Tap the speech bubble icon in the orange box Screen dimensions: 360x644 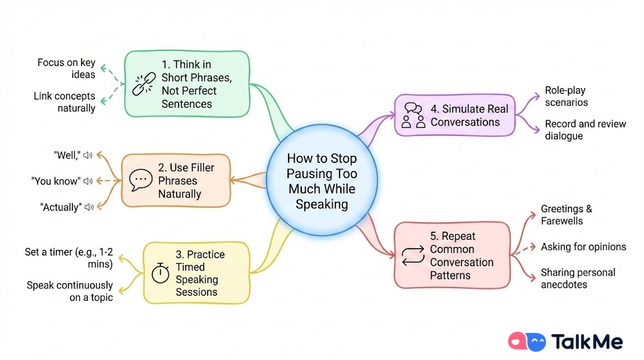(140, 181)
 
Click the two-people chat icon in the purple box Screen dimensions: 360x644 (413, 115)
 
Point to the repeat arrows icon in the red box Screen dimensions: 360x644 (413, 255)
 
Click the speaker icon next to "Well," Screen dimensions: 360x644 (87, 155)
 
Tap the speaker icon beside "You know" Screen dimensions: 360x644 (88, 181)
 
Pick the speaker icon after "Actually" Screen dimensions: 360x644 (89, 207)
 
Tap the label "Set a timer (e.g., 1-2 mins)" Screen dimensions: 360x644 (69, 258)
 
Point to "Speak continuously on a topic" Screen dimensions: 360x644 (69, 291)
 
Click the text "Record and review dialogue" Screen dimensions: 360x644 (585, 130)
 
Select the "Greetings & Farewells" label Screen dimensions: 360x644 (566, 215)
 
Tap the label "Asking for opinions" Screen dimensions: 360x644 (583, 247)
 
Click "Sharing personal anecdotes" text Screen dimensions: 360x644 (577, 278)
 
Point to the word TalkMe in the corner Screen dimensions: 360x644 (587, 342)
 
